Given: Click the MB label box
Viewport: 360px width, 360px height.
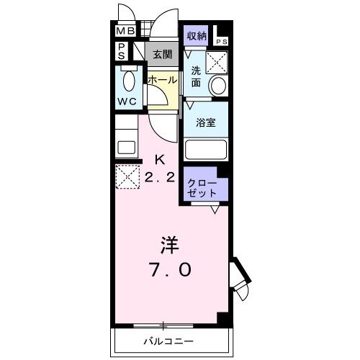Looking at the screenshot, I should [x=125, y=32].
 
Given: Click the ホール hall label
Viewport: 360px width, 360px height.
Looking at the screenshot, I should [x=162, y=80].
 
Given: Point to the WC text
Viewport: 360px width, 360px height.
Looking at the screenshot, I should [x=127, y=102].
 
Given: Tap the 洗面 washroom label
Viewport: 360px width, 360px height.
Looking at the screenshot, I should [x=196, y=76].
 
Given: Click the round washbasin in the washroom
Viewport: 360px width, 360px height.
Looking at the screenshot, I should [x=217, y=85].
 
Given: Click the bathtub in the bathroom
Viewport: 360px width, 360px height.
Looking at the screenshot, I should [x=206, y=149].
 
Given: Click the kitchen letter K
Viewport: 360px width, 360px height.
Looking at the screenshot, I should [x=160, y=159].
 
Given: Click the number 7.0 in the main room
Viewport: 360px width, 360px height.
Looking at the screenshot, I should [x=170, y=271].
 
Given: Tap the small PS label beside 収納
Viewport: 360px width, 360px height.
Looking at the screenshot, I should [x=221, y=42].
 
